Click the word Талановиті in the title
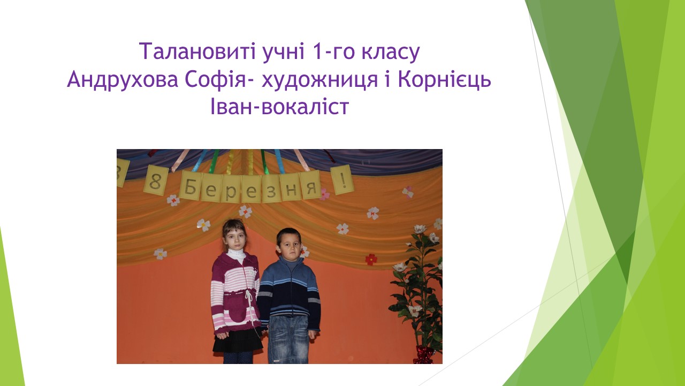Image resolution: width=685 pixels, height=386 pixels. [x=197, y=51]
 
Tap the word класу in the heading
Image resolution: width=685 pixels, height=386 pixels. [x=390, y=53]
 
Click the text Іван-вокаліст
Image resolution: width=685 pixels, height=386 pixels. [x=280, y=106]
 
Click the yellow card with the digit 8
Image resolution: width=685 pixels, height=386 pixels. [x=156, y=181]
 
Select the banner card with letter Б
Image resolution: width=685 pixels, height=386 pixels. [x=191, y=186]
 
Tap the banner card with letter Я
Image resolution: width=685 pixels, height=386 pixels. [x=310, y=185]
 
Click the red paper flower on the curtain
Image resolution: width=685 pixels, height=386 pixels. [x=371, y=259]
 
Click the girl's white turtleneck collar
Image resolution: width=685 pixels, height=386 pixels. [x=236, y=255]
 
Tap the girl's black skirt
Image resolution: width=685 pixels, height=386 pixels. [x=237, y=340]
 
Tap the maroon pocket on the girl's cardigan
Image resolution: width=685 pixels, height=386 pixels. [x=236, y=311]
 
